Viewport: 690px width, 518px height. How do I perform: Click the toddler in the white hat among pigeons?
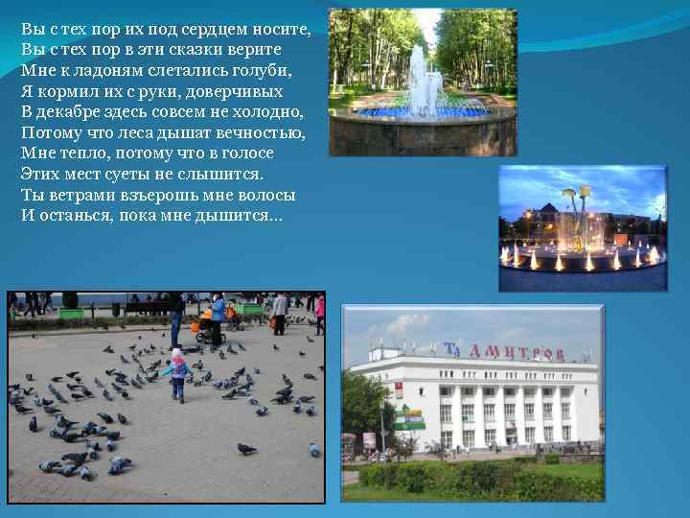tap(177, 373)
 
